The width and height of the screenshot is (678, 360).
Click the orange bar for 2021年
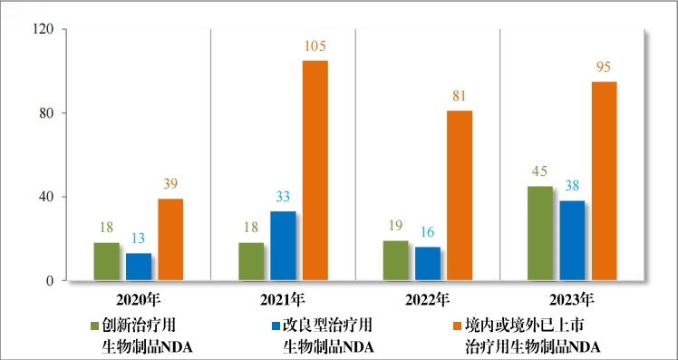(x=315, y=170)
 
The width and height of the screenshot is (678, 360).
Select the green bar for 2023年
(x=539, y=233)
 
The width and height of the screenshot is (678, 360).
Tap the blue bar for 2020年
(x=139, y=267)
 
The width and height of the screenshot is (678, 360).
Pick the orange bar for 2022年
(x=460, y=195)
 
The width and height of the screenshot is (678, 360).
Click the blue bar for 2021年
(x=283, y=246)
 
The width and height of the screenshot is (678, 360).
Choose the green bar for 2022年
(x=395, y=260)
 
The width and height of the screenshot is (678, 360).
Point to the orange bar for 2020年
(x=170, y=239)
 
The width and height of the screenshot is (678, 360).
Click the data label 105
(x=315, y=46)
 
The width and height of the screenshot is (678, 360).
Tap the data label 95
(x=605, y=67)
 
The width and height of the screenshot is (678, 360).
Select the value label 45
(x=539, y=172)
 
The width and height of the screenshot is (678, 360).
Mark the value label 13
(x=139, y=239)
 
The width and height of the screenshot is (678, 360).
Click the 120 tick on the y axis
(x=44, y=29)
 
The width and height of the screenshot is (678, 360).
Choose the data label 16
(x=427, y=233)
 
